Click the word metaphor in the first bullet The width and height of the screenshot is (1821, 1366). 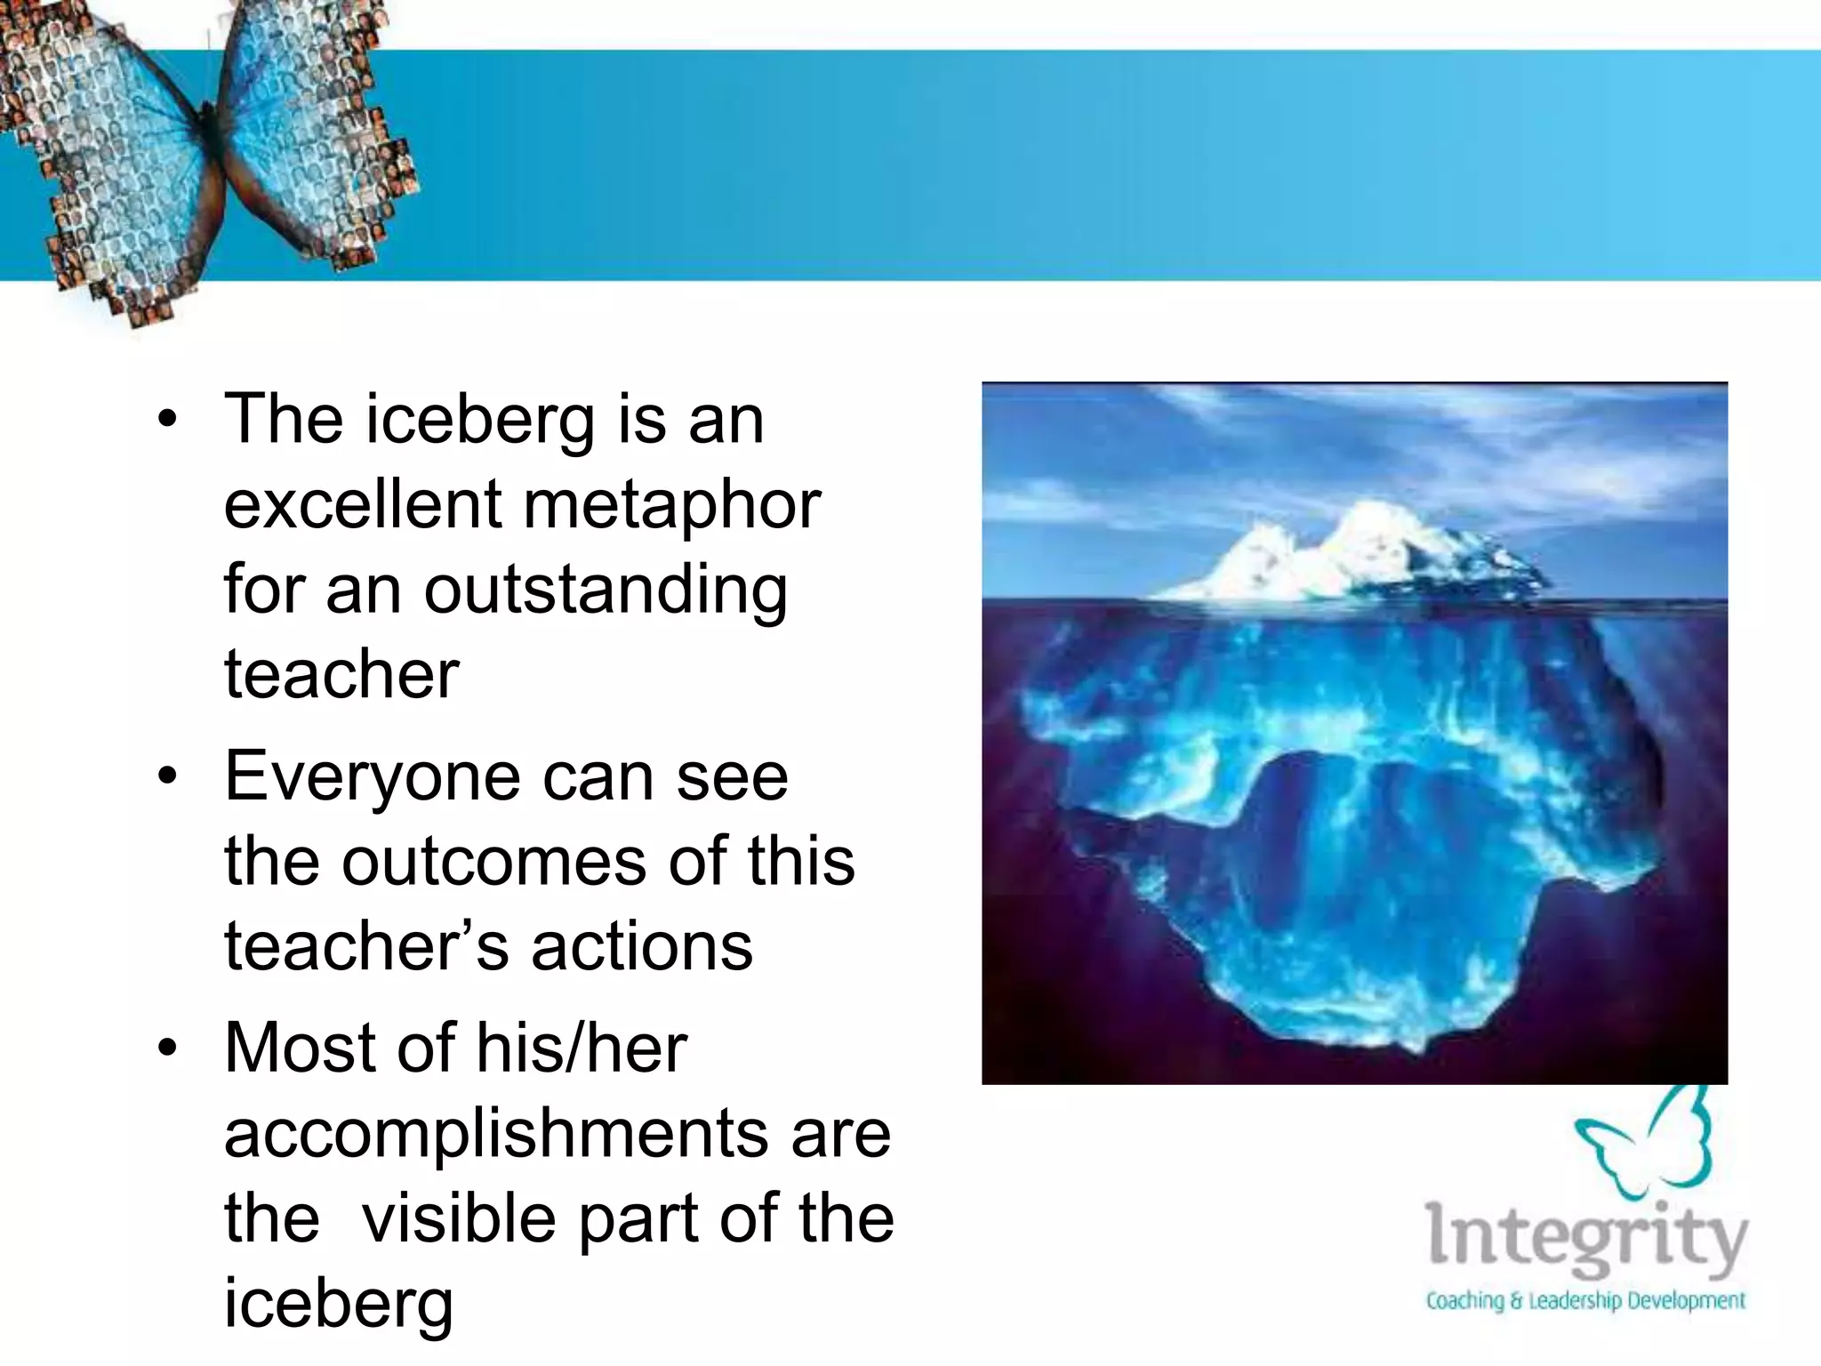tap(672, 505)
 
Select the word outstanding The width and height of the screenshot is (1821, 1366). tap(606, 591)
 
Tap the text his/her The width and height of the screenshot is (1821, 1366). tap(582, 1047)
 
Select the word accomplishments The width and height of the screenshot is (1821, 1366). tap(496, 1133)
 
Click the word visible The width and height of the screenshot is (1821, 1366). tap(460, 1217)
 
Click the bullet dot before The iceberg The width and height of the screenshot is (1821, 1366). tap(168, 420)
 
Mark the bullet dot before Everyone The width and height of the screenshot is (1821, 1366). tap(168, 777)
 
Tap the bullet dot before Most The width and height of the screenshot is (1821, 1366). tap(168, 1049)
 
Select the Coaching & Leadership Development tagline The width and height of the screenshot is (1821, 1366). tap(1585, 1300)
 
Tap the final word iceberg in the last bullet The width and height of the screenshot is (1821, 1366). tap(338, 1303)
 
